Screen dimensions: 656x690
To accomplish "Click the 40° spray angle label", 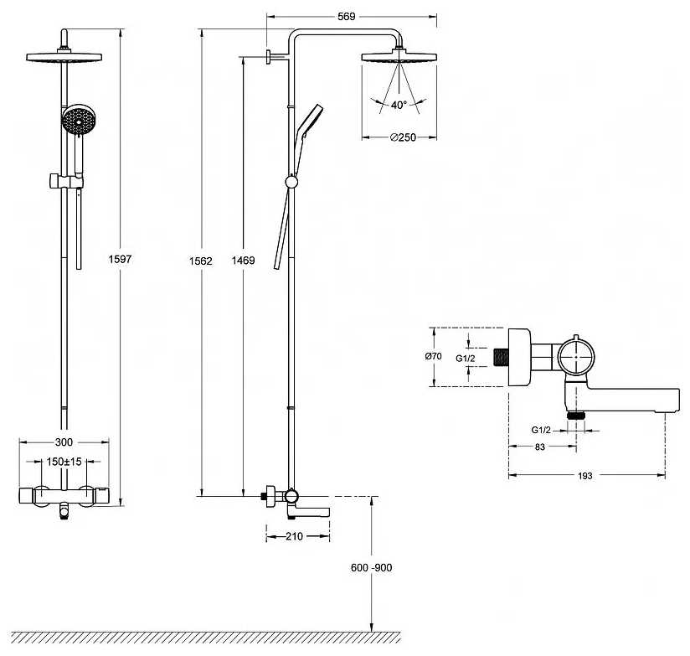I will pyautogui.click(x=399, y=106).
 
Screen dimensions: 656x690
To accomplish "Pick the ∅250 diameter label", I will pyautogui.click(x=403, y=137).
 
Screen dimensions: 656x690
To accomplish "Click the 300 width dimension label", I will pyautogui.click(x=64, y=442).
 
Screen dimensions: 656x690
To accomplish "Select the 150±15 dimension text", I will pyautogui.click(x=64, y=462).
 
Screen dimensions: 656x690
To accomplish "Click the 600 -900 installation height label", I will pyautogui.click(x=372, y=567).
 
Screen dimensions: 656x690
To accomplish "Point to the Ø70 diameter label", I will pyautogui.click(x=434, y=356).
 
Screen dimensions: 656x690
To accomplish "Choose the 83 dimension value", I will pyautogui.click(x=539, y=447).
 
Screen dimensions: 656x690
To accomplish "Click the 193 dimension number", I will pyautogui.click(x=584, y=476).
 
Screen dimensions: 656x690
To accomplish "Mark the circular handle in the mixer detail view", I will pyautogui.click(x=576, y=355).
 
